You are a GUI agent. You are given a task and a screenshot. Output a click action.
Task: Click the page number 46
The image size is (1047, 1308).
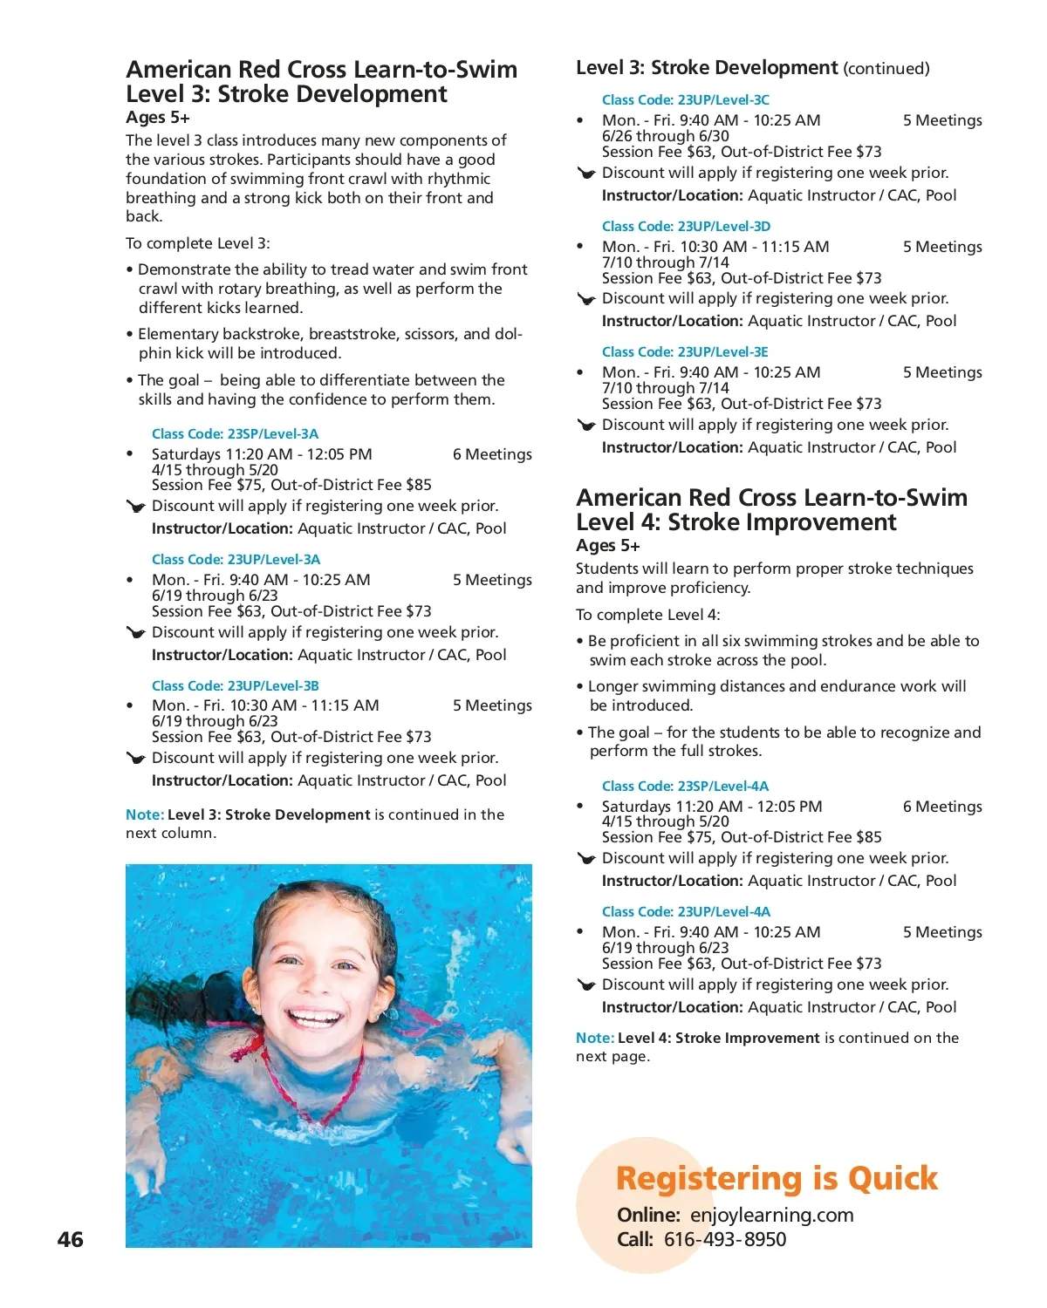[70, 1239]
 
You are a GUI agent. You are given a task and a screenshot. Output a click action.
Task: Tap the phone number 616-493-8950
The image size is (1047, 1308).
[724, 1239]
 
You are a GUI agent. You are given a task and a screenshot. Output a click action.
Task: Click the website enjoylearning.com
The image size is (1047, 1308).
[771, 1215]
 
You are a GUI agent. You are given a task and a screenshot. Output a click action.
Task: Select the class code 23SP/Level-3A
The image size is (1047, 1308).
[272, 433]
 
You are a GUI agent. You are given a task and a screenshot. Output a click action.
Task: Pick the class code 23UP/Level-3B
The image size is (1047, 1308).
[272, 685]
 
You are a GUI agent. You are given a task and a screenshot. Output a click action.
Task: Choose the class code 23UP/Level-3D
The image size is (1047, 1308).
[723, 226]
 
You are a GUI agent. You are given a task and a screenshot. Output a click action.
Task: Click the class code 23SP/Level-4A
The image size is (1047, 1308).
[722, 786]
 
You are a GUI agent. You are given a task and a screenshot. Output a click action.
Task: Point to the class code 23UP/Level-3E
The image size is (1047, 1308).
[722, 351]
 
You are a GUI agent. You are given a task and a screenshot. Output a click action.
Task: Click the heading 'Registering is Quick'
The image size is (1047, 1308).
[776, 1178]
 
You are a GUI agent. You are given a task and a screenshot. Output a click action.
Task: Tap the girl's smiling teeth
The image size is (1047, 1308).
[314, 1017]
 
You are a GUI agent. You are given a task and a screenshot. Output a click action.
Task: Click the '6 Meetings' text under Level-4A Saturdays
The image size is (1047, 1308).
[941, 807]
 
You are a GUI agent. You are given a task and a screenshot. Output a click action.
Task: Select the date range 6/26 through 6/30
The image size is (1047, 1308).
[665, 136]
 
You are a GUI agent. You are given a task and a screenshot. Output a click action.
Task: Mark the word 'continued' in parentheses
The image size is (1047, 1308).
[886, 69]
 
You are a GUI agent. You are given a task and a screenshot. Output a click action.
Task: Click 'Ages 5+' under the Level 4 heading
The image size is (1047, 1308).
[607, 546]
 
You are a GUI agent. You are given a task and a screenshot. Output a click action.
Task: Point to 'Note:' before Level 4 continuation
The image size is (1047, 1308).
[594, 1038]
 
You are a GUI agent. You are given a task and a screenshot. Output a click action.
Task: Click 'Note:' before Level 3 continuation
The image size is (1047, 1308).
[144, 814]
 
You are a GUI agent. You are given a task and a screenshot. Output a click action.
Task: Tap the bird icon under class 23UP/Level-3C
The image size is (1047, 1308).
[586, 174]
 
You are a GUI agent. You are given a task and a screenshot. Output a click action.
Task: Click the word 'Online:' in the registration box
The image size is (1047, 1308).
[647, 1215]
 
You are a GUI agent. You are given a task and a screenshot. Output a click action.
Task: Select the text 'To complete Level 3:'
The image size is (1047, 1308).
[197, 243]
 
